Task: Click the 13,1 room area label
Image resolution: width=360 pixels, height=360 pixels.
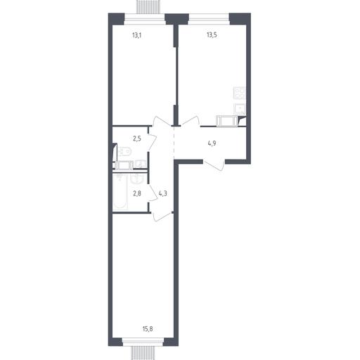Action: (137, 36)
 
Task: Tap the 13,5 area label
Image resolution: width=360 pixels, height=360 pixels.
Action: (212, 35)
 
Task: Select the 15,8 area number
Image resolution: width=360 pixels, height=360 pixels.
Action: (148, 329)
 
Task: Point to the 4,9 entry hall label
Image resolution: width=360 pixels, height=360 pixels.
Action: (212, 143)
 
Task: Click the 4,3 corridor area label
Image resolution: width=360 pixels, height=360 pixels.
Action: (163, 193)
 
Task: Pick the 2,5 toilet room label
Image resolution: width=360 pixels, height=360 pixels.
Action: (137, 139)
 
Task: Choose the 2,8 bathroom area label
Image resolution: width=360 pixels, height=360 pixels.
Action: (137, 193)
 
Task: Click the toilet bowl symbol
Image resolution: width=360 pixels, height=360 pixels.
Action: (124, 151)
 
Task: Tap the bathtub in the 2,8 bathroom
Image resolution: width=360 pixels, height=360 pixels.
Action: (120, 192)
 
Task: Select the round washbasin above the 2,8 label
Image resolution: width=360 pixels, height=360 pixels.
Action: (137, 179)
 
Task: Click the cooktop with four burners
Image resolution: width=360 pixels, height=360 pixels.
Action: (239, 93)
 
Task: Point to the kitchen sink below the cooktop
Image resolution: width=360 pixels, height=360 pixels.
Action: (240, 109)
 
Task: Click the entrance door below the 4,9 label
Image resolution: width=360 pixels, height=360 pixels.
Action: (214, 165)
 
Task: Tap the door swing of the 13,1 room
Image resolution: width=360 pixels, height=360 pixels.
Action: (162, 122)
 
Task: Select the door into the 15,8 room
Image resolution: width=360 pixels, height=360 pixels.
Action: (162, 217)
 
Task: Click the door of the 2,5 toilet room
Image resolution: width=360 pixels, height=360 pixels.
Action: (153, 143)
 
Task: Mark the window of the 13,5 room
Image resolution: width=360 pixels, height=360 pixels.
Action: (209, 19)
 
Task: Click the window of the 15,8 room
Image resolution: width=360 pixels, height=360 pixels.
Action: (143, 342)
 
